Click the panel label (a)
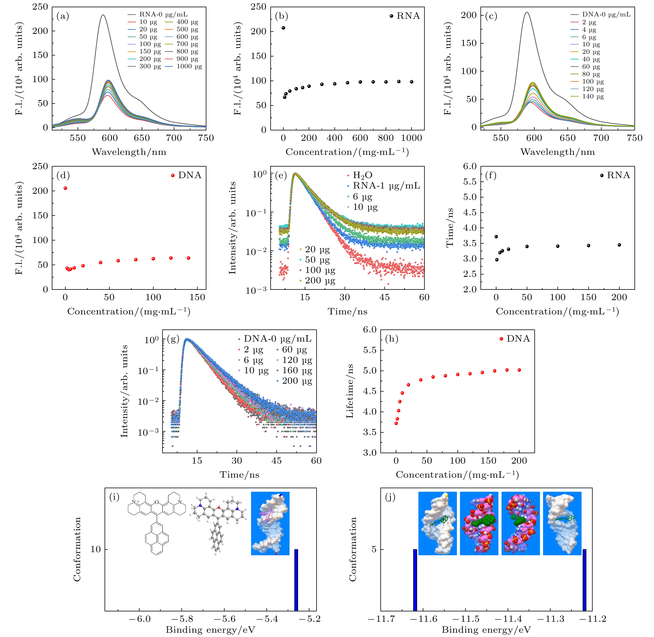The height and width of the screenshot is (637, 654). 63,16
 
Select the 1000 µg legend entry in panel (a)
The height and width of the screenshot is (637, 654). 189,66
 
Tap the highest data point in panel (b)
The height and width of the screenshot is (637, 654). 283,28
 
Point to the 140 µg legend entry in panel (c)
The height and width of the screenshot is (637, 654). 593,96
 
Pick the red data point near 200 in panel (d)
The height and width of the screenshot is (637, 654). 65,188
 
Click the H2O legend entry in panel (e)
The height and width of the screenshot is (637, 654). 362,175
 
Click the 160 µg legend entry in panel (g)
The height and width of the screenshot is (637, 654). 297,370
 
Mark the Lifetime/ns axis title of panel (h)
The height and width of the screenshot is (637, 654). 350,391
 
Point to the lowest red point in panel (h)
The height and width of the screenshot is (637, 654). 396,423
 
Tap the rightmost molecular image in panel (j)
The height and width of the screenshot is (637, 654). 562,523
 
